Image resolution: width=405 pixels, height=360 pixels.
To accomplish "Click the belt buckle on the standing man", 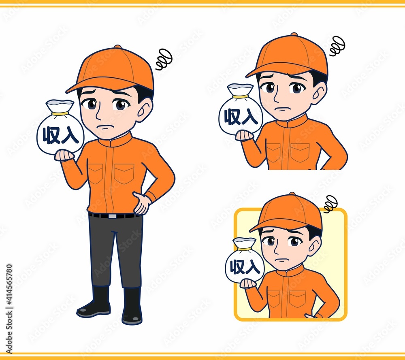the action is (x=112, y=216).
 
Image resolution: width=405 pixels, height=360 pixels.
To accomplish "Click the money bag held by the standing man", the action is (x=60, y=128).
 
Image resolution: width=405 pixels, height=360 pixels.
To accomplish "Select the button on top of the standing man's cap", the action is (x=117, y=47).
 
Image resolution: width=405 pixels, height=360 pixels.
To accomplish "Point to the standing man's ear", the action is (x=145, y=110).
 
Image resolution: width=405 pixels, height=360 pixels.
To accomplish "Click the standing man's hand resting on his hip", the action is (x=141, y=203).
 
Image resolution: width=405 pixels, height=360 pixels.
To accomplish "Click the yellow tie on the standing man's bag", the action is (x=60, y=114).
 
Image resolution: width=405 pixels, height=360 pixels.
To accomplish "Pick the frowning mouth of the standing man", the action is (x=105, y=127).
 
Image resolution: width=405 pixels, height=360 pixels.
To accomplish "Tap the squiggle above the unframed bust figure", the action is (x=337, y=46).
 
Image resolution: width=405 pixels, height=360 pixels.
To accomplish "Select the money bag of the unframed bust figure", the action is (x=241, y=110).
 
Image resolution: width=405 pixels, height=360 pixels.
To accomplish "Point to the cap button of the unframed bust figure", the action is (x=294, y=34).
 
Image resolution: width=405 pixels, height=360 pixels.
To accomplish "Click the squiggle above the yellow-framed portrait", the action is (x=330, y=204).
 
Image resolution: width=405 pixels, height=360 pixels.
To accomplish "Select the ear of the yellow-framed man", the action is (x=315, y=246).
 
